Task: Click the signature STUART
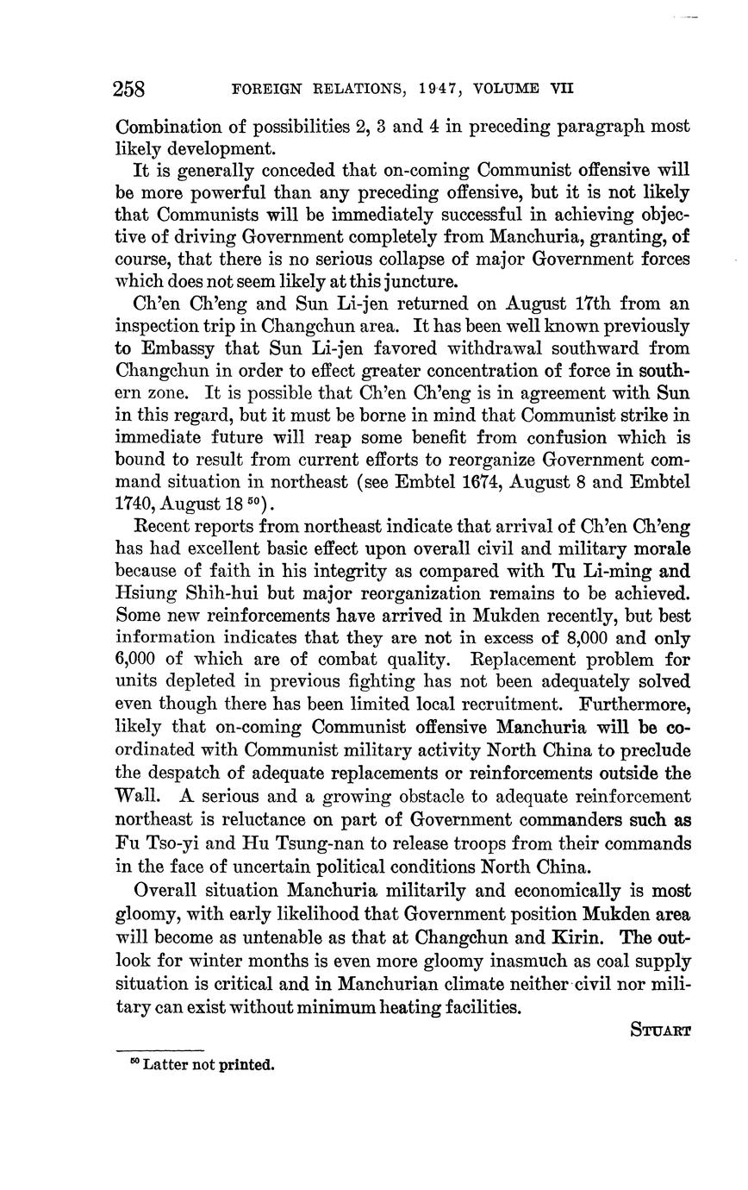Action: point(660,1030)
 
